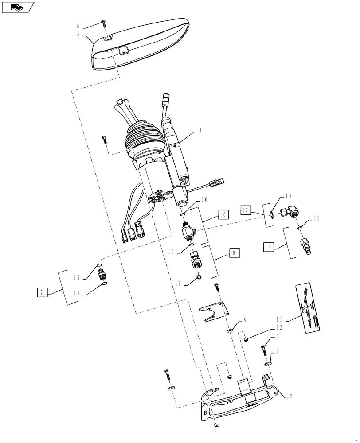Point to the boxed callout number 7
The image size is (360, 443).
coord(42,292)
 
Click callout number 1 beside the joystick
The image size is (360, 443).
coord(200,131)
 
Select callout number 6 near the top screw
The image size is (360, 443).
coord(78,26)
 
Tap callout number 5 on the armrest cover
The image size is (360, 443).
coord(78,34)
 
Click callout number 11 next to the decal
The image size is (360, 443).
coord(279,319)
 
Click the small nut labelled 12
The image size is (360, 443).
coord(246,339)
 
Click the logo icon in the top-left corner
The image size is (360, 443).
coord(18,7)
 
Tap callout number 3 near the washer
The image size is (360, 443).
coord(278,351)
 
